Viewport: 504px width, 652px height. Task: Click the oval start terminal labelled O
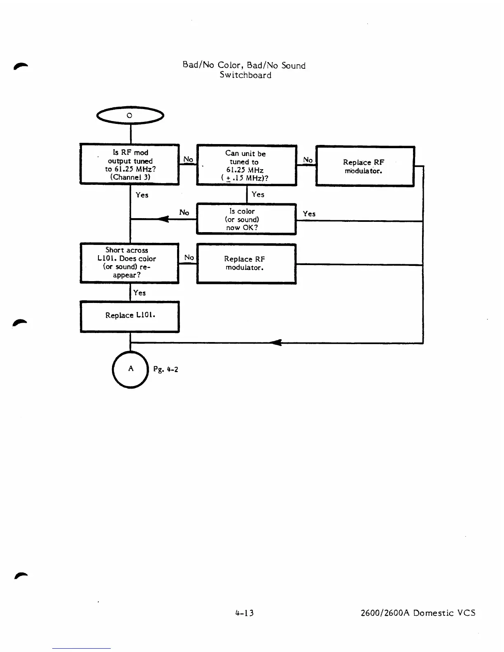pos(130,116)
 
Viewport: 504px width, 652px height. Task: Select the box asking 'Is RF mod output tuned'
pos(130,165)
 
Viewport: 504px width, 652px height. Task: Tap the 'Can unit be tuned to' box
pos(246,165)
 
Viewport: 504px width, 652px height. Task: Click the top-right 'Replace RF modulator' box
pos(364,166)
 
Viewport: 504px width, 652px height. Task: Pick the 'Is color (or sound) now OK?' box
pos(246,219)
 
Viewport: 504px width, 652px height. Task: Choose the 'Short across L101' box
pos(130,263)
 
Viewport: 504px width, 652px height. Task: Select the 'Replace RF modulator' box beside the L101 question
pos(246,263)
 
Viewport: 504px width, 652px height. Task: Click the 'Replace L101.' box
pos(130,316)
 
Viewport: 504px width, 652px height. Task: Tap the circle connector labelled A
pos(130,369)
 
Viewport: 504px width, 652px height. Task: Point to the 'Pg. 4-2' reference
pos(166,369)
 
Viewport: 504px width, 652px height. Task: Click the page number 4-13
pos(245,613)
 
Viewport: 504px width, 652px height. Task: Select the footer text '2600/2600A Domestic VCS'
pos(418,613)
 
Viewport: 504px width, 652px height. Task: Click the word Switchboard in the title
pos(245,75)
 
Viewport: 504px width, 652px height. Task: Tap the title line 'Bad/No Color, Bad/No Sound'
pos(244,65)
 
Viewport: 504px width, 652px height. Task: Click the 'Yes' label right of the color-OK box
pos(309,214)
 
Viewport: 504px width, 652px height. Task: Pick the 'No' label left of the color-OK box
pos(184,212)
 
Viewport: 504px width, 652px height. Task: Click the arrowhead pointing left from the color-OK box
pos(164,219)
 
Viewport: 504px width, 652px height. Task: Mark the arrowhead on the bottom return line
pos(277,342)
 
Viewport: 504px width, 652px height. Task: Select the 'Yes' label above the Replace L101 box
pos(139,293)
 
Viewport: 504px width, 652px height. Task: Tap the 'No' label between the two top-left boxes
pos(188,159)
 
